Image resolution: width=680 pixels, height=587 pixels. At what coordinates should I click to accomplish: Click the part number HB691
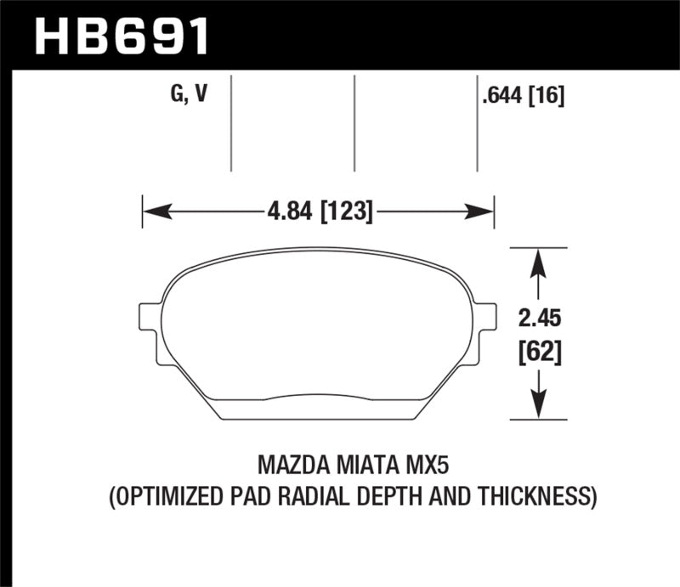coord(120,35)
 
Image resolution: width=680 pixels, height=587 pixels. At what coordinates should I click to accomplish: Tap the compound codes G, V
coord(189,95)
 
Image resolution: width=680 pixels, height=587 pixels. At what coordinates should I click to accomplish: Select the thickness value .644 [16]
coord(523,96)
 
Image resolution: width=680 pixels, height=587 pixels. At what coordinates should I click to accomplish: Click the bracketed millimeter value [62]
coord(537,350)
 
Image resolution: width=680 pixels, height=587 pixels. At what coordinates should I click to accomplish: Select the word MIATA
coord(366,466)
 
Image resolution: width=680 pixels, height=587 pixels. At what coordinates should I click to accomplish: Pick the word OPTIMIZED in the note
coord(167,495)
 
